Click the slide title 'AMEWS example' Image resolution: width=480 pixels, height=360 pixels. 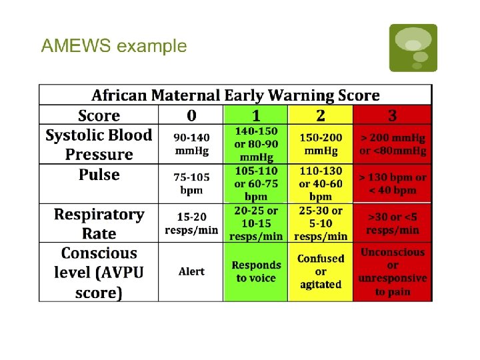[114, 46]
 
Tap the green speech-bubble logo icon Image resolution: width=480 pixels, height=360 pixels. [413, 48]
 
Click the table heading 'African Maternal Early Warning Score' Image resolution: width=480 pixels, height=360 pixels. [235, 95]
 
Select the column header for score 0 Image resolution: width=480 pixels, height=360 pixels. [191, 115]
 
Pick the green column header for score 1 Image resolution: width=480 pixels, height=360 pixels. [256, 115]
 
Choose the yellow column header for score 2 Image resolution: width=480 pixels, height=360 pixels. [320, 115]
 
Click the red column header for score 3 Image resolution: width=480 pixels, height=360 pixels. [392, 115]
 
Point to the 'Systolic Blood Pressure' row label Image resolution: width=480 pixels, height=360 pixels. [99, 145]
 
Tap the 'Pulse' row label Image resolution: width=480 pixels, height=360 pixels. [99, 175]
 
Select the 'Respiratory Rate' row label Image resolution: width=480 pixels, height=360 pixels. [99, 224]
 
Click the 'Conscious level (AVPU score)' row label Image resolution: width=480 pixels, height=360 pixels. [99, 273]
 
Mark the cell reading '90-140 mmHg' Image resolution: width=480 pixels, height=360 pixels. [191, 144]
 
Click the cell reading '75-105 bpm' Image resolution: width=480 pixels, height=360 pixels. [191, 183]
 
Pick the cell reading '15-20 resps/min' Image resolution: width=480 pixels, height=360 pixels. [191, 223]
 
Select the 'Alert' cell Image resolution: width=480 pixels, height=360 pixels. [191, 272]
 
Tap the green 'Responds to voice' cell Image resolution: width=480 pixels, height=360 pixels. [256, 271]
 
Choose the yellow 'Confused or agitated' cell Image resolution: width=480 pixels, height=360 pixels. [320, 271]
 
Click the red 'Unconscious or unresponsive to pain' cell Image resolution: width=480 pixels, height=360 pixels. [392, 272]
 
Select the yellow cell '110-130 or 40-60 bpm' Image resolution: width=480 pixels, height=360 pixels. [320, 183]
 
